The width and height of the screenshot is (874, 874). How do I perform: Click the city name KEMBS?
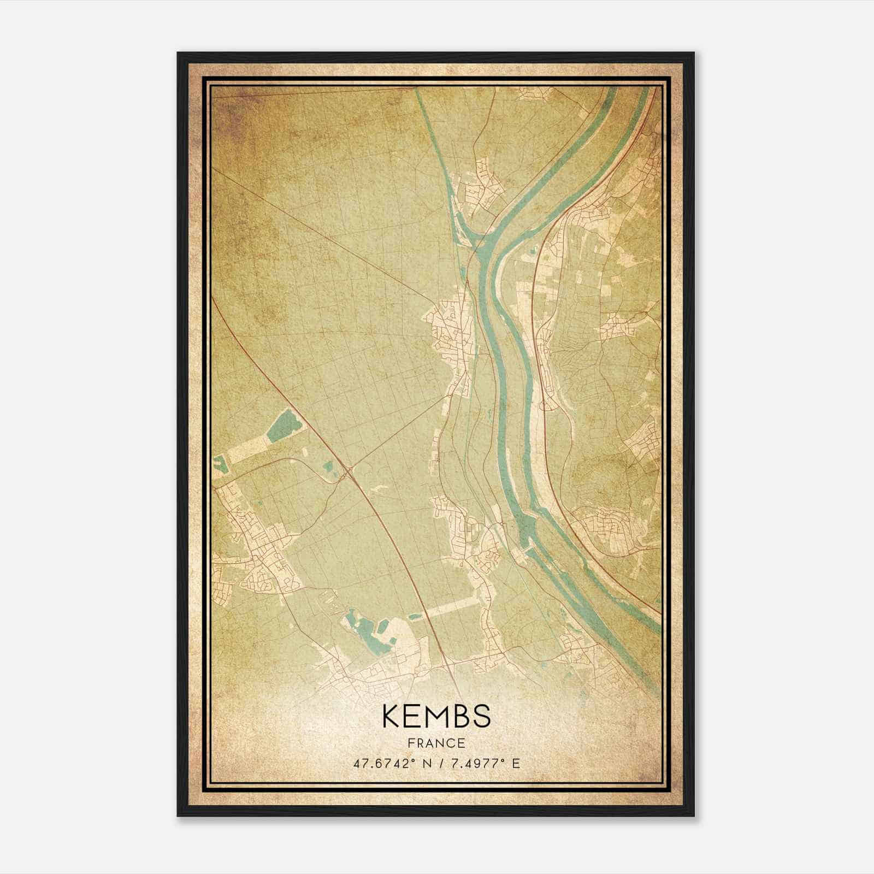tap(436, 716)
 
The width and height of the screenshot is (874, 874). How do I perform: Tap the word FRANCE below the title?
tap(436, 743)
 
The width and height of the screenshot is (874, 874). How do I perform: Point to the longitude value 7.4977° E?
tap(485, 763)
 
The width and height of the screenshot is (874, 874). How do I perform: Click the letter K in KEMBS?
tap(392, 716)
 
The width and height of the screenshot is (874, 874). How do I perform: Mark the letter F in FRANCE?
tap(411, 743)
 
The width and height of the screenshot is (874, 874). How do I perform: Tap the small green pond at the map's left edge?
tap(220, 465)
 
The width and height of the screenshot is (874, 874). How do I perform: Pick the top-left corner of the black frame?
tap(179, 54)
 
